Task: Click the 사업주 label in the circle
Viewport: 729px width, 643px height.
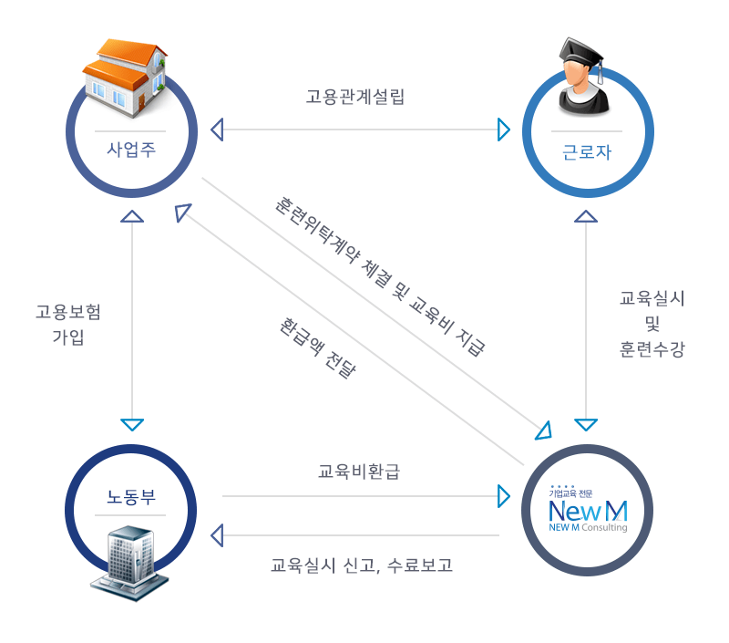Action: tap(132, 149)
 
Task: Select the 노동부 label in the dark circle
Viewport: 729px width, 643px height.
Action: tap(132, 498)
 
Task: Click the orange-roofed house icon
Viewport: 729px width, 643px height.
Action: tap(125, 78)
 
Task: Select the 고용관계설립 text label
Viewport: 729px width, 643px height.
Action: tap(355, 98)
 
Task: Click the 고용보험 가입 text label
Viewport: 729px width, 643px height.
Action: tap(68, 325)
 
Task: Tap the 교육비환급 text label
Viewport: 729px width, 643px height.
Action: tap(359, 472)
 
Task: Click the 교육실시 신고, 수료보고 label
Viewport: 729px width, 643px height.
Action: tap(362, 565)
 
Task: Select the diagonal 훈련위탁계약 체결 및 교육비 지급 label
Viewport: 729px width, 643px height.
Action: tap(380, 274)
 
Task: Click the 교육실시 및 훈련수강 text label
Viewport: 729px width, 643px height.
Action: tap(652, 324)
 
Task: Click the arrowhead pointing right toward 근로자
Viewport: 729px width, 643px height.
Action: tap(504, 130)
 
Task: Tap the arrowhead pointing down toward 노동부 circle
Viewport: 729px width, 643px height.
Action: tap(133, 425)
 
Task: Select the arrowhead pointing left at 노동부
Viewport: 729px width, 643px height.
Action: tap(216, 534)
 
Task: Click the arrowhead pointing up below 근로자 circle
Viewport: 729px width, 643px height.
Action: tap(586, 216)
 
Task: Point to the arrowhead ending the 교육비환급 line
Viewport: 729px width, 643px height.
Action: tap(504, 496)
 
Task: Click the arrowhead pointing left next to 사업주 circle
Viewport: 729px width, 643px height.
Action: tap(216, 130)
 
